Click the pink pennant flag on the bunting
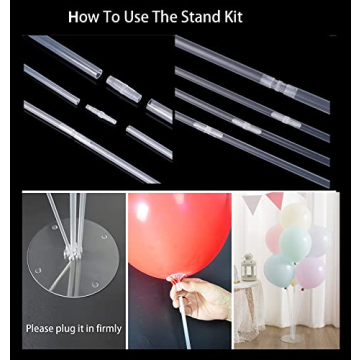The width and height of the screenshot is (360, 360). (x=274, y=201)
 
